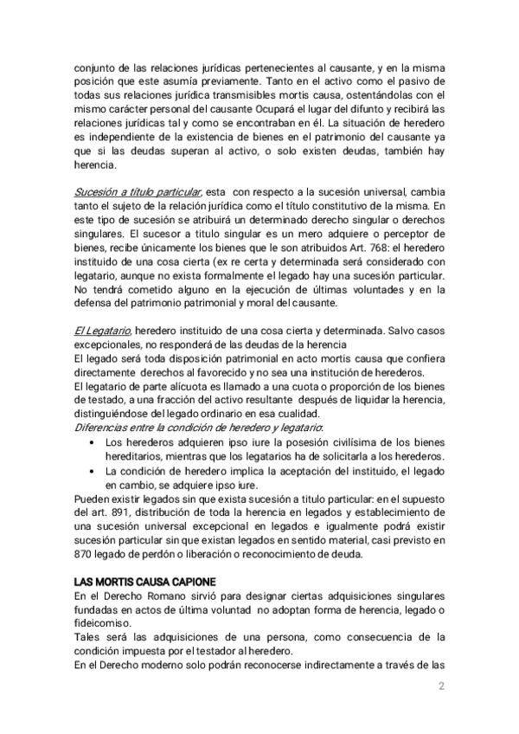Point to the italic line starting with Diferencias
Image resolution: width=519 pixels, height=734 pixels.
click(x=198, y=428)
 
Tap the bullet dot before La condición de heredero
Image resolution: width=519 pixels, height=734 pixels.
click(x=93, y=470)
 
